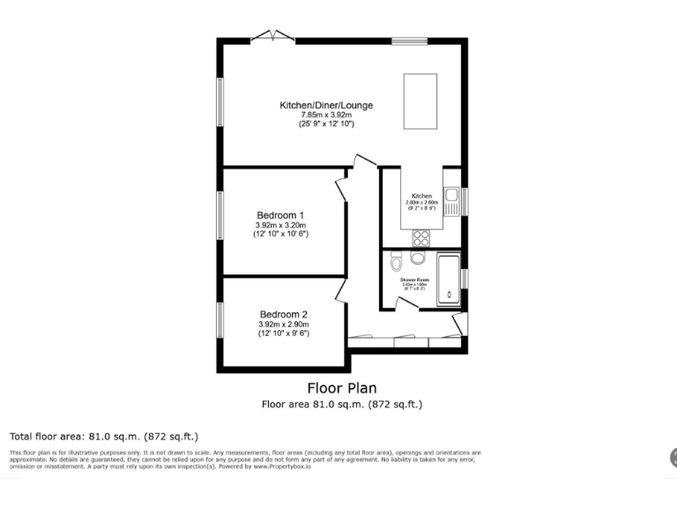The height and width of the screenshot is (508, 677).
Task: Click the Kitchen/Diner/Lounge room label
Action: tap(326, 105)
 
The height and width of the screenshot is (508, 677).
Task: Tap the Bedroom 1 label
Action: tap(281, 215)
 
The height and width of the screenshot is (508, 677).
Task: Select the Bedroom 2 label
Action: tap(284, 314)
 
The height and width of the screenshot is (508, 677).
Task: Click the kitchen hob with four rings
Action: tap(420, 236)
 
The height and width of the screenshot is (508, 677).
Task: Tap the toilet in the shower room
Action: tap(396, 262)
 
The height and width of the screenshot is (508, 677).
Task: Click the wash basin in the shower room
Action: tap(417, 258)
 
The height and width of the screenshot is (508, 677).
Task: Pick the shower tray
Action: tap(448, 279)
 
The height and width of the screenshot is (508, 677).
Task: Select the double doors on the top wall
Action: tap(272, 36)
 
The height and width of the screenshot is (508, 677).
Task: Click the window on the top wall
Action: tap(409, 39)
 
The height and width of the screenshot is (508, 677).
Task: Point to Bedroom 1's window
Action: tap(220, 214)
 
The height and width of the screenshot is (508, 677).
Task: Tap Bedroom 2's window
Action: tap(220, 319)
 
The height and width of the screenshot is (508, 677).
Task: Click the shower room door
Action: tap(406, 303)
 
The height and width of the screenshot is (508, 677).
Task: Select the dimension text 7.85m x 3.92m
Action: tap(326, 115)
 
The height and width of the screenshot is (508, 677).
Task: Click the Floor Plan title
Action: tap(341, 387)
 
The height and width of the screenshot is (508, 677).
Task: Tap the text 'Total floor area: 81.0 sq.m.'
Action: tap(103, 437)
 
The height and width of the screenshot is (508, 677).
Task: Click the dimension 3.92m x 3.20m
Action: tap(281, 225)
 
